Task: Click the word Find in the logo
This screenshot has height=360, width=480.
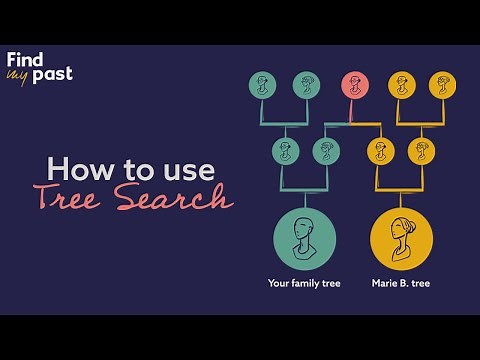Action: pos(26,58)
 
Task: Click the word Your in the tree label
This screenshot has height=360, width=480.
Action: pos(279,284)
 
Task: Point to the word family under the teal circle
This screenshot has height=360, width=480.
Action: pos(306,284)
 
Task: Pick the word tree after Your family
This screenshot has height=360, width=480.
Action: pos(331,284)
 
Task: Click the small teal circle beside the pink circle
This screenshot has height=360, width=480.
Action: pos(306,85)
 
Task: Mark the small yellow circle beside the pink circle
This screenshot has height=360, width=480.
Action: pos(401,85)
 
